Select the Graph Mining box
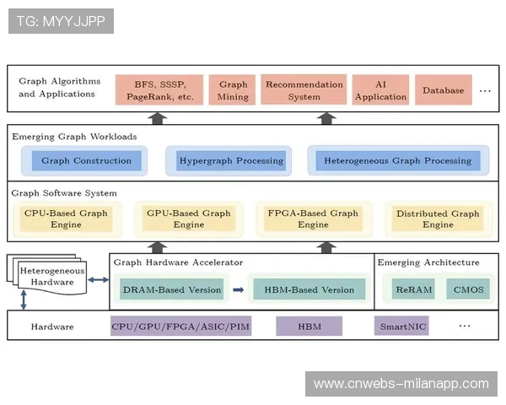click(x=233, y=90)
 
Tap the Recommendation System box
click(x=304, y=90)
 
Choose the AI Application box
click(x=380, y=90)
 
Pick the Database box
click(x=443, y=90)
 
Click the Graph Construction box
click(x=86, y=160)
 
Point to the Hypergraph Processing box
click(x=231, y=160)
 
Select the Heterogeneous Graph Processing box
click(x=397, y=160)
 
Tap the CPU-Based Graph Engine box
click(x=66, y=219)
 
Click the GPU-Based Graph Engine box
click(x=188, y=219)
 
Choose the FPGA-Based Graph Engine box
click(x=313, y=219)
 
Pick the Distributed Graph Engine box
click(x=438, y=219)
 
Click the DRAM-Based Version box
click(x=172, y=289)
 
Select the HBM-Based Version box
click(x=309, y=289)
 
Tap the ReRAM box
click(x=414, y=289)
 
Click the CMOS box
click(x=468, y=289)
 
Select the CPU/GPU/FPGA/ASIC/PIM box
click(x=180, y=326)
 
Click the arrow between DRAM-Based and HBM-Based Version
click(x=238, y=289)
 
